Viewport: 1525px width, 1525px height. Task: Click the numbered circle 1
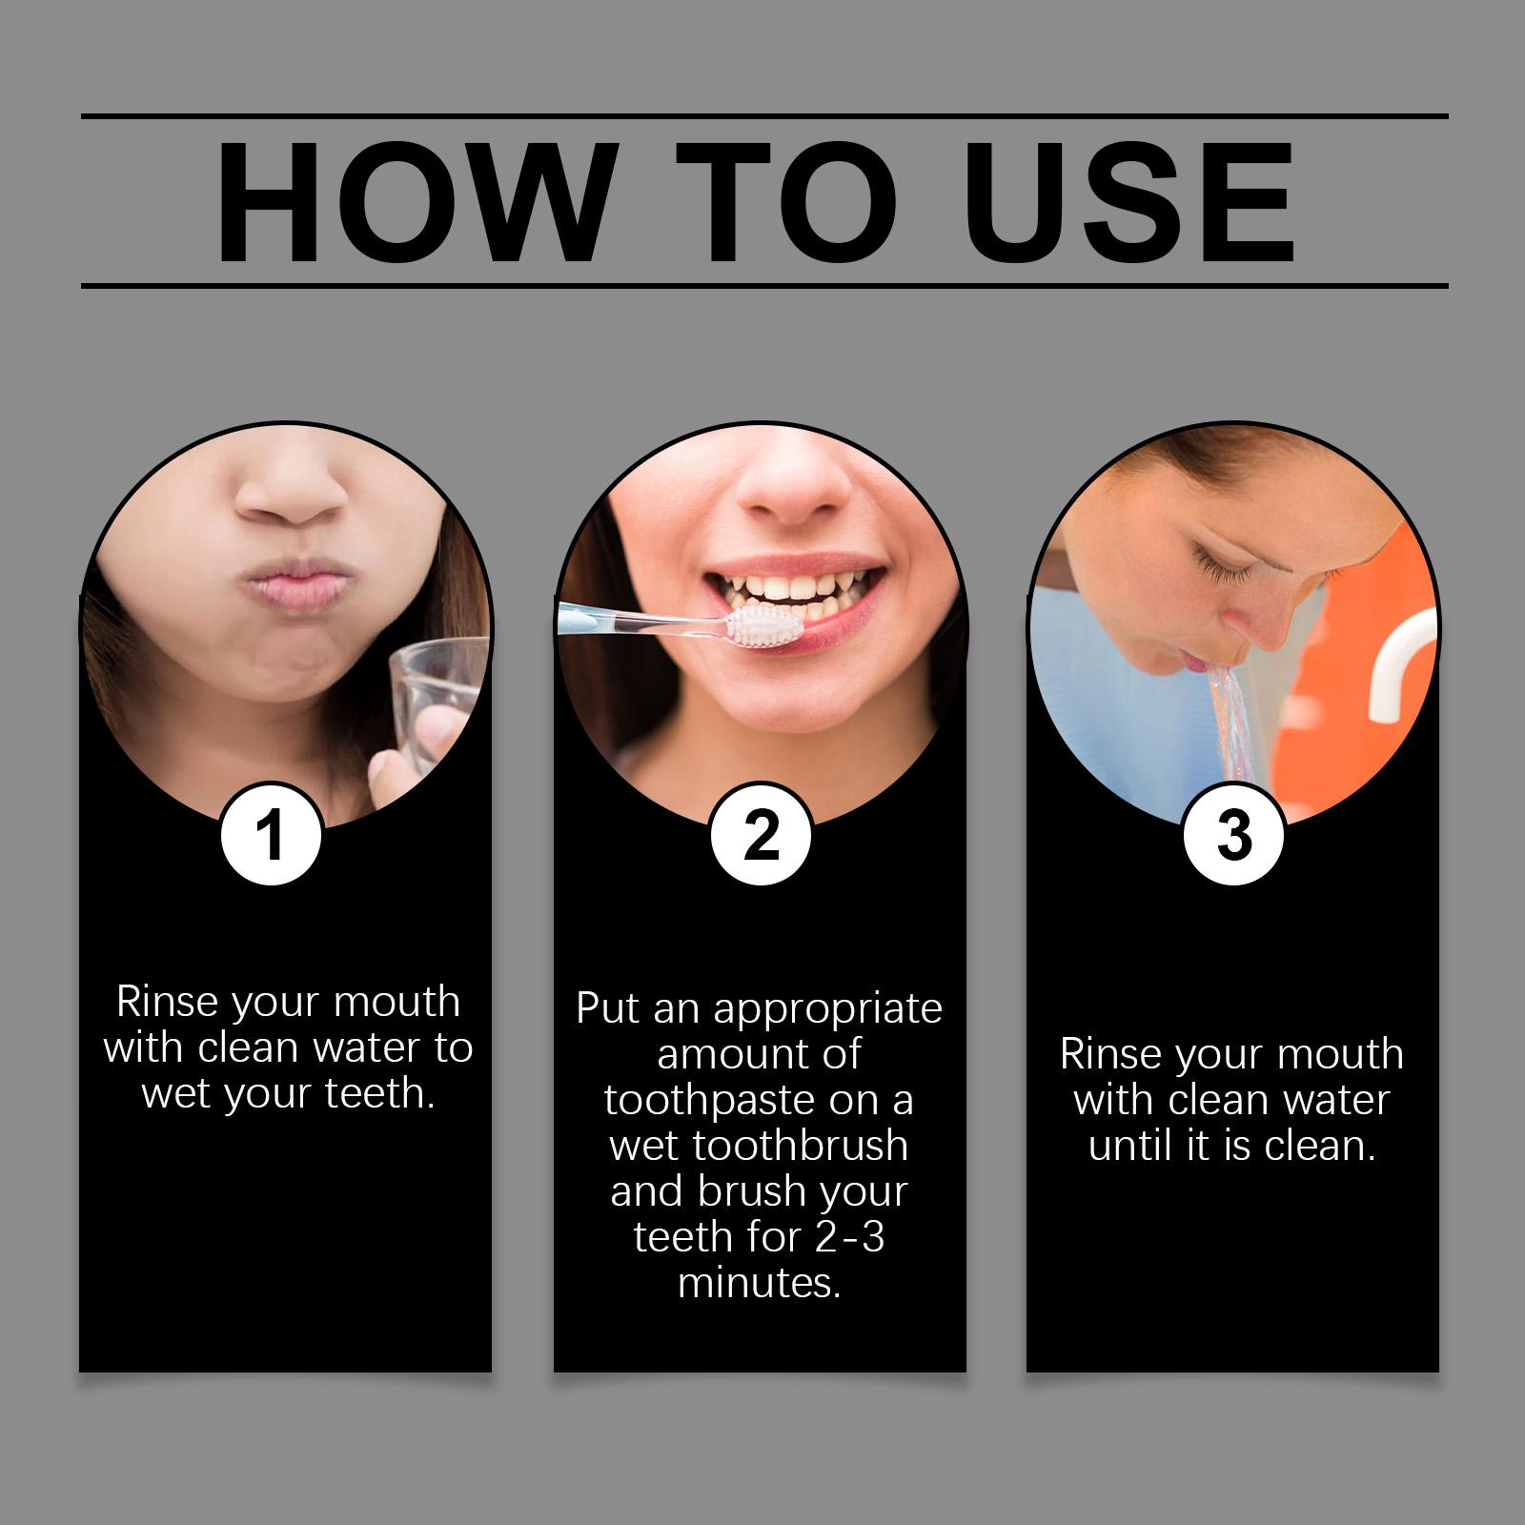[x=272, y=835]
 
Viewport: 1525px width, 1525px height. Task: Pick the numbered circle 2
[x=761, y=835]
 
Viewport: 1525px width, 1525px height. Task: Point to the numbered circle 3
[x=1233, y=835]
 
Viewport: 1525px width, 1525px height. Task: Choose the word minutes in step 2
[x=760, y=1283]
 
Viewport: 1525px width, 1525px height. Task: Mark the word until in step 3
[x=1132, y=1145]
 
